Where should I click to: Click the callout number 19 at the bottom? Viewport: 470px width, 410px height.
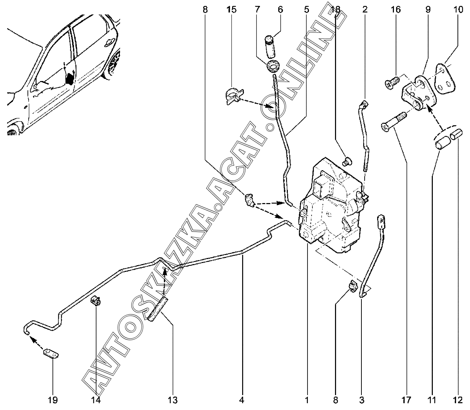tap(52, 400)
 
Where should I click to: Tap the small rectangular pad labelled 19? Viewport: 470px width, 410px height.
tap(51, 354)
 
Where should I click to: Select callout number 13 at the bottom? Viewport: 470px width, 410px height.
tap(172, 400)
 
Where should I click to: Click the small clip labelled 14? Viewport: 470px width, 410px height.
tap(96, 301)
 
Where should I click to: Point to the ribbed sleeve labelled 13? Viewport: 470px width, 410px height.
tap(157, 309)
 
